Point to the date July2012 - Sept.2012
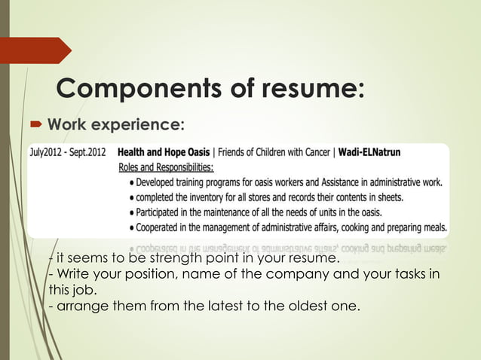point(68,151)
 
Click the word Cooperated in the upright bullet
point(167,227)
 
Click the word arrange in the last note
point(75,306)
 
